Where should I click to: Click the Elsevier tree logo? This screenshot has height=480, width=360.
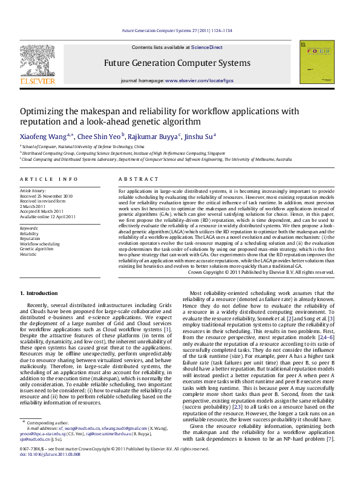tap(38, 61)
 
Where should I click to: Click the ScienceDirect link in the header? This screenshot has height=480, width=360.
tap(207, 47)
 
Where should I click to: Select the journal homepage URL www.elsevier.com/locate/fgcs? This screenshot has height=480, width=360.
tap(199, 80)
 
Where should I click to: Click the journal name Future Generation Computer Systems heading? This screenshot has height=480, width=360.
tap(177, 63)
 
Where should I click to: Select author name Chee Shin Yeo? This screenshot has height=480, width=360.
tap(99, 137)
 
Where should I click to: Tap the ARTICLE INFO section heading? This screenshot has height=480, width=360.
tap(49, 180)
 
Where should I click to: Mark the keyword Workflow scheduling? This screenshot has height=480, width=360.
tap(40, 244)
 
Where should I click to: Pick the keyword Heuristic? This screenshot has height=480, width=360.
tap(29, 255)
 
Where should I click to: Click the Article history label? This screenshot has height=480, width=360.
tap(33, 190)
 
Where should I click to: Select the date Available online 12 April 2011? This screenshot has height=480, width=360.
tap(48, 216)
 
